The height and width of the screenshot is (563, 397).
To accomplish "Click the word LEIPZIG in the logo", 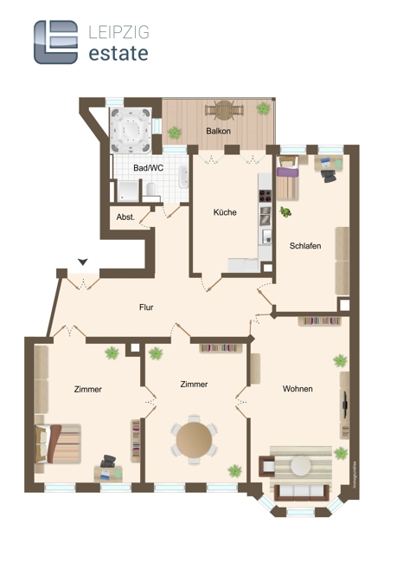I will point(118,32).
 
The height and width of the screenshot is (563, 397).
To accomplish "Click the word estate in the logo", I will point(118,53).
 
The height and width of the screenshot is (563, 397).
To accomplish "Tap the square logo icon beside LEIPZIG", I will point(56,42).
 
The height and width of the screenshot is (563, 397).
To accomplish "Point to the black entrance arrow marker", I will point(82,261).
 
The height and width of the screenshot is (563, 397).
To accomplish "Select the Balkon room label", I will point(217,131).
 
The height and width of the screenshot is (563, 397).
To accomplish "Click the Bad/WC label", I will point(148,168).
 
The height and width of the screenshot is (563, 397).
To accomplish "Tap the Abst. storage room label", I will point(125,217).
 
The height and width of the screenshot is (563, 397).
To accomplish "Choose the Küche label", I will point(225,212).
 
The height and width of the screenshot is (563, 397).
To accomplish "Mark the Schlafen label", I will point(304,246).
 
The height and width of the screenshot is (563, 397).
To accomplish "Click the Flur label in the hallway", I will point(146,307).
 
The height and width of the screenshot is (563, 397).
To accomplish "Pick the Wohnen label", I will point(298,389).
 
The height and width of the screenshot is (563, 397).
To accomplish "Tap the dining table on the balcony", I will point(224,110).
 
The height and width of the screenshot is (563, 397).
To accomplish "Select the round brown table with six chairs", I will point(193,439).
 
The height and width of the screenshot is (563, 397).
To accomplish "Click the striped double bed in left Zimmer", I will point(59,443).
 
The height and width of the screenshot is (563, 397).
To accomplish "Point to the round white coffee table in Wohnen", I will point(300,466).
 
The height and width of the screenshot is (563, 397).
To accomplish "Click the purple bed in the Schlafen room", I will point(288,183).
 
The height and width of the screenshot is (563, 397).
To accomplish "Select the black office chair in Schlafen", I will point(330,175).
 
